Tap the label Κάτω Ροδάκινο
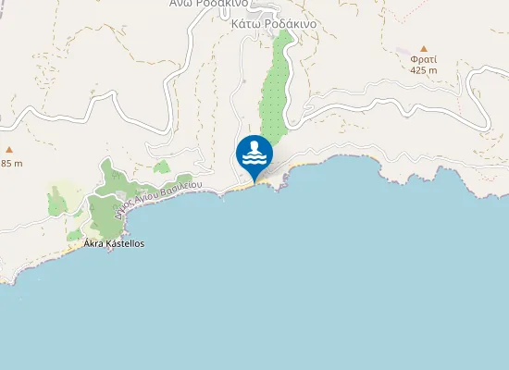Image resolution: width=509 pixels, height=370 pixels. pos(274,24)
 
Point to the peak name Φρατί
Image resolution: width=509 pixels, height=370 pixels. pos(424,58)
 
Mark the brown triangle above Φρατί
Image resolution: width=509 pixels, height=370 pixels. pos(424,47)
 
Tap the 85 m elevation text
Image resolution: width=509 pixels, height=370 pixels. pos(11,164)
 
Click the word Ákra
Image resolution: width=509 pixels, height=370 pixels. pos(93,243)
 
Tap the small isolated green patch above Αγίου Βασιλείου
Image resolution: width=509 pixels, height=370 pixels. pos(162,167)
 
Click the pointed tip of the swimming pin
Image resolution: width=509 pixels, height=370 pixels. pos(254,179)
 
